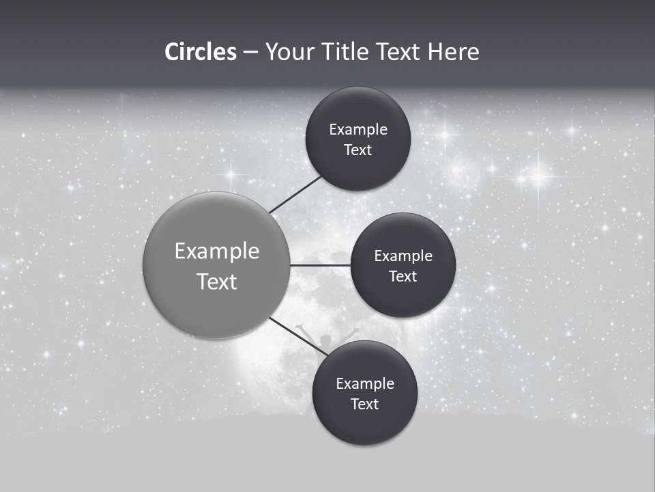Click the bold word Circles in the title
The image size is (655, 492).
200,52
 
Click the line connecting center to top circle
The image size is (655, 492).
295,194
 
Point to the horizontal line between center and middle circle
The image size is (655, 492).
321,265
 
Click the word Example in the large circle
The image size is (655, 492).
217,251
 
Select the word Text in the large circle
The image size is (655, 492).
217,282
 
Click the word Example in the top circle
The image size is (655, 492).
358,130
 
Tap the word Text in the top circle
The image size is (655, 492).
358,150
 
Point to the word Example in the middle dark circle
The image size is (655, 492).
403,256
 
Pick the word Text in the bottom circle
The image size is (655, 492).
364,404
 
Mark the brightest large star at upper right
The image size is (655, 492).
538,177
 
